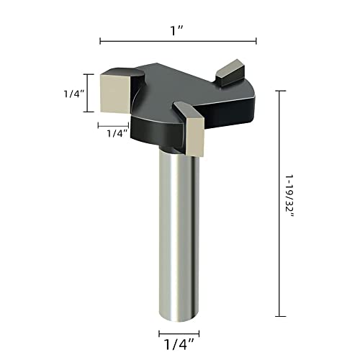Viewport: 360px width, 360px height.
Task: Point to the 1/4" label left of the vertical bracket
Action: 70,93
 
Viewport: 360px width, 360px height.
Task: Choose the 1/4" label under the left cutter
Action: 117,133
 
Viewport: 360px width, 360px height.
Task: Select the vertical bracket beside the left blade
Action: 89,92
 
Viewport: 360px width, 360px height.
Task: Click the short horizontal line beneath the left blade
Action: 113,124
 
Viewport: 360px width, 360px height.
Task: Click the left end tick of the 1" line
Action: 100,40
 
